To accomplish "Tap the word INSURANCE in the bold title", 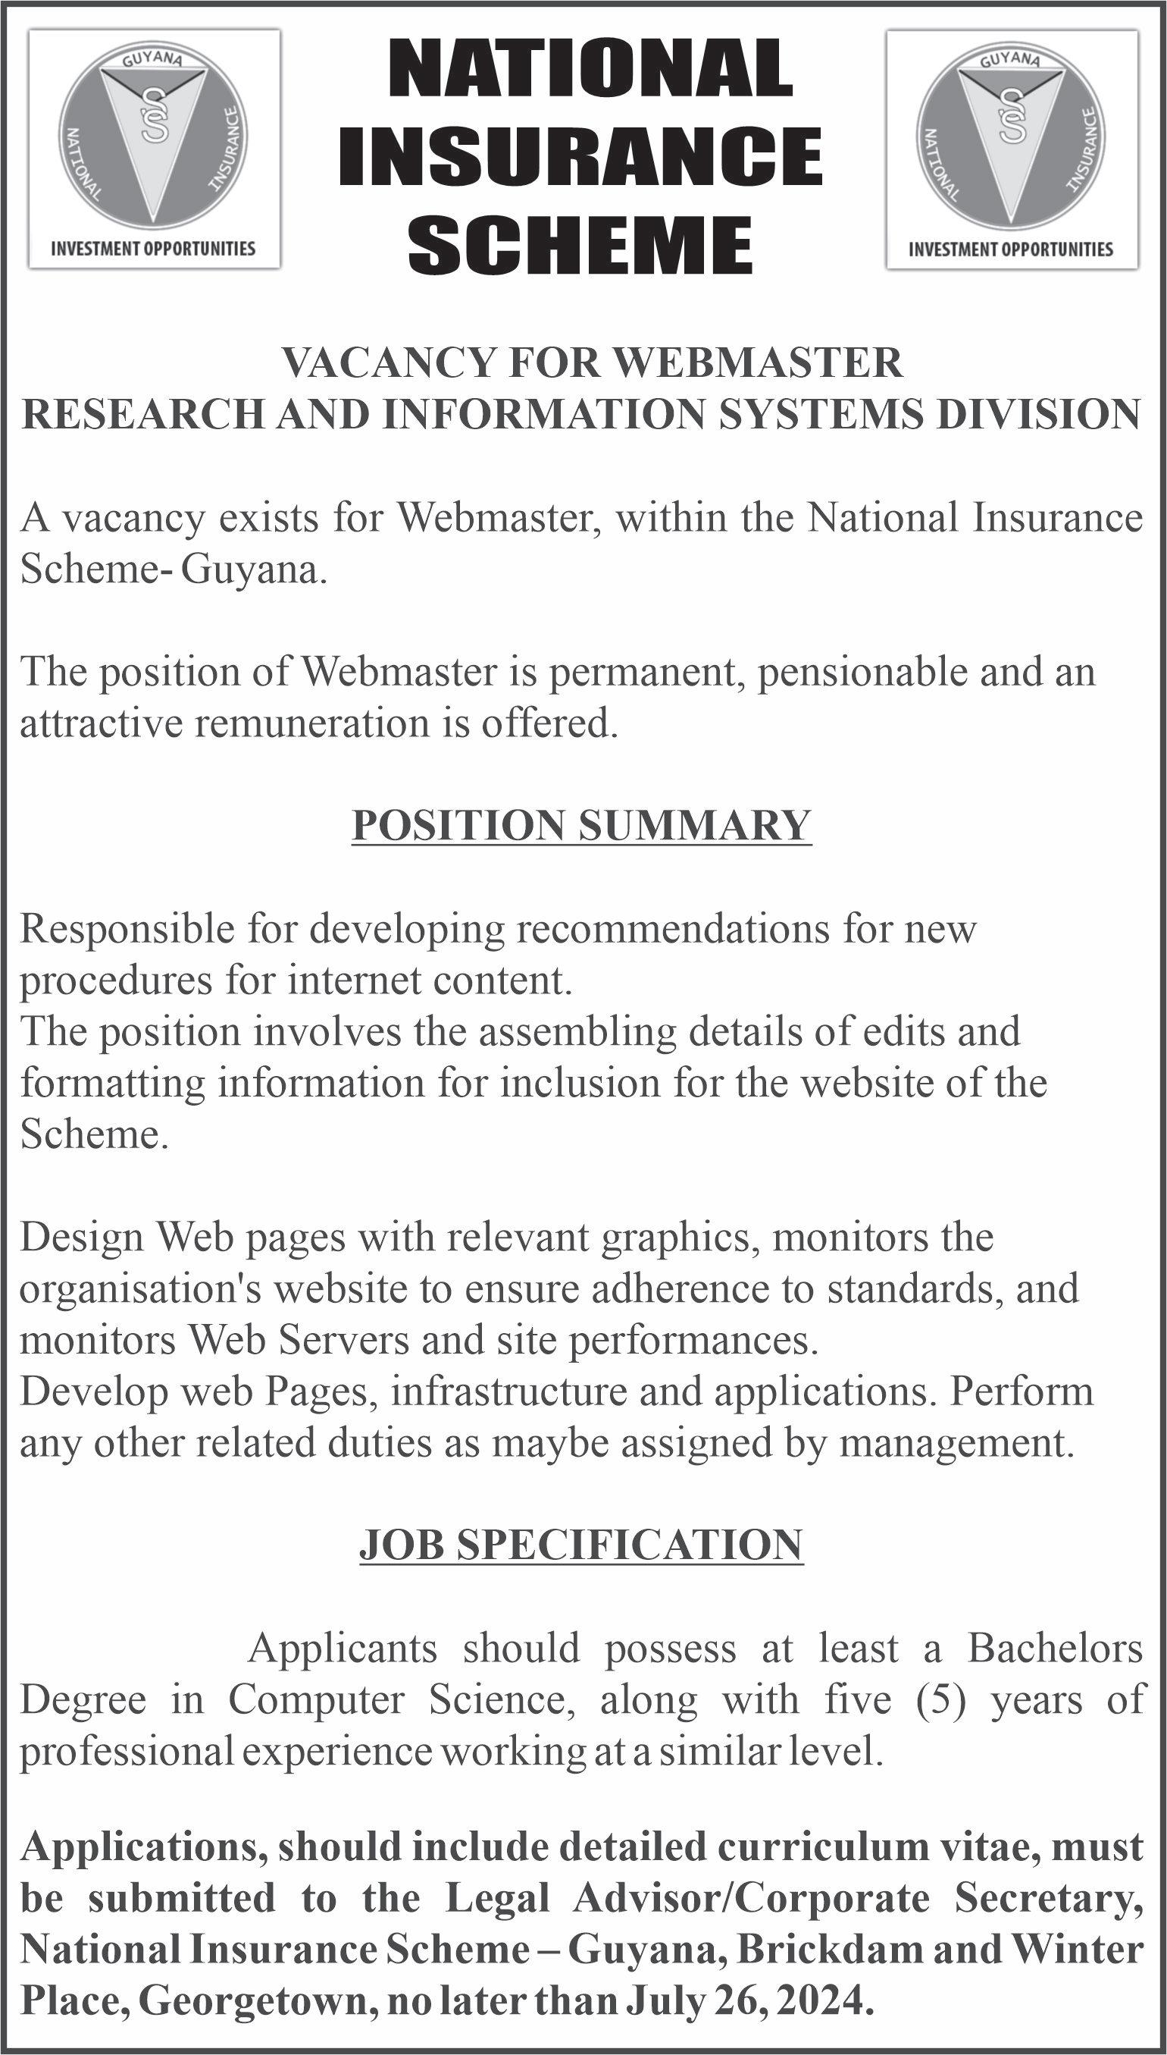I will [x=580, y=155].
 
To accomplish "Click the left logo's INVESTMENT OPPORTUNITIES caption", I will [x=153, y=249].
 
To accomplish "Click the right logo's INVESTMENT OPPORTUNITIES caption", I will [x=1011, y=249].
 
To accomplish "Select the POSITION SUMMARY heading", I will [x=582, y=825].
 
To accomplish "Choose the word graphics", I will [x=680, y=1236].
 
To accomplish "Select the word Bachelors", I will [x=1055, y=1649].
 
